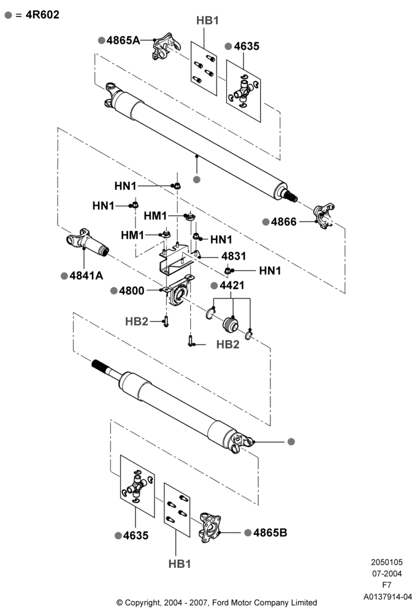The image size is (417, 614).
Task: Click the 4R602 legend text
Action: pyautogui.click(x=42, y=15)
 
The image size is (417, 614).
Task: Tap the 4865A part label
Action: pyautogui.click(x=123, y=41)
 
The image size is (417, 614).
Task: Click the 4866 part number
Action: pyautogui.click(x=283, y=222)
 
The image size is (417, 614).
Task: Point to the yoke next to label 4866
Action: pyautogui.click(x=324, y=216)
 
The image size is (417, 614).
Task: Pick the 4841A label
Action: pyautogui.click(x=86, y=276)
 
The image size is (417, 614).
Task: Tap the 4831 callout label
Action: pyautogui.click(x=234, y=256)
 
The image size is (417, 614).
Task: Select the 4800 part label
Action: pyautogui.click(x=132, y=290)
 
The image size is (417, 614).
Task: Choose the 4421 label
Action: pyautogui.click(x=232, y=286)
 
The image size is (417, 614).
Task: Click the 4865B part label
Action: pyautogui.click(x=270, y=532)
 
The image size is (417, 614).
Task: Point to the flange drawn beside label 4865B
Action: pyautogui.click(x=210, y=527)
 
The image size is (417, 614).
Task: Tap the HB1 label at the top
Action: pyautogui.click(x=207, y=20)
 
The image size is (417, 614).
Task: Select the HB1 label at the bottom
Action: pyautogui.click(x=180, y=564)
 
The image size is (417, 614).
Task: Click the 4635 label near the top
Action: pyautogui.click(x=247, y=46)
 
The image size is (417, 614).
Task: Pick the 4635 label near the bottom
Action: pyautogui.click(x=136, y=535)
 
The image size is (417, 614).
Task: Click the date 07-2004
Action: pyautogui.click(x=386, y=573)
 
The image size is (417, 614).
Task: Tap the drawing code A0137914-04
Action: pyautogui.click(x=388, y=597)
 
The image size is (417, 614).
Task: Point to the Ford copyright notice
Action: pyautogui.click(x=216, y=603)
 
